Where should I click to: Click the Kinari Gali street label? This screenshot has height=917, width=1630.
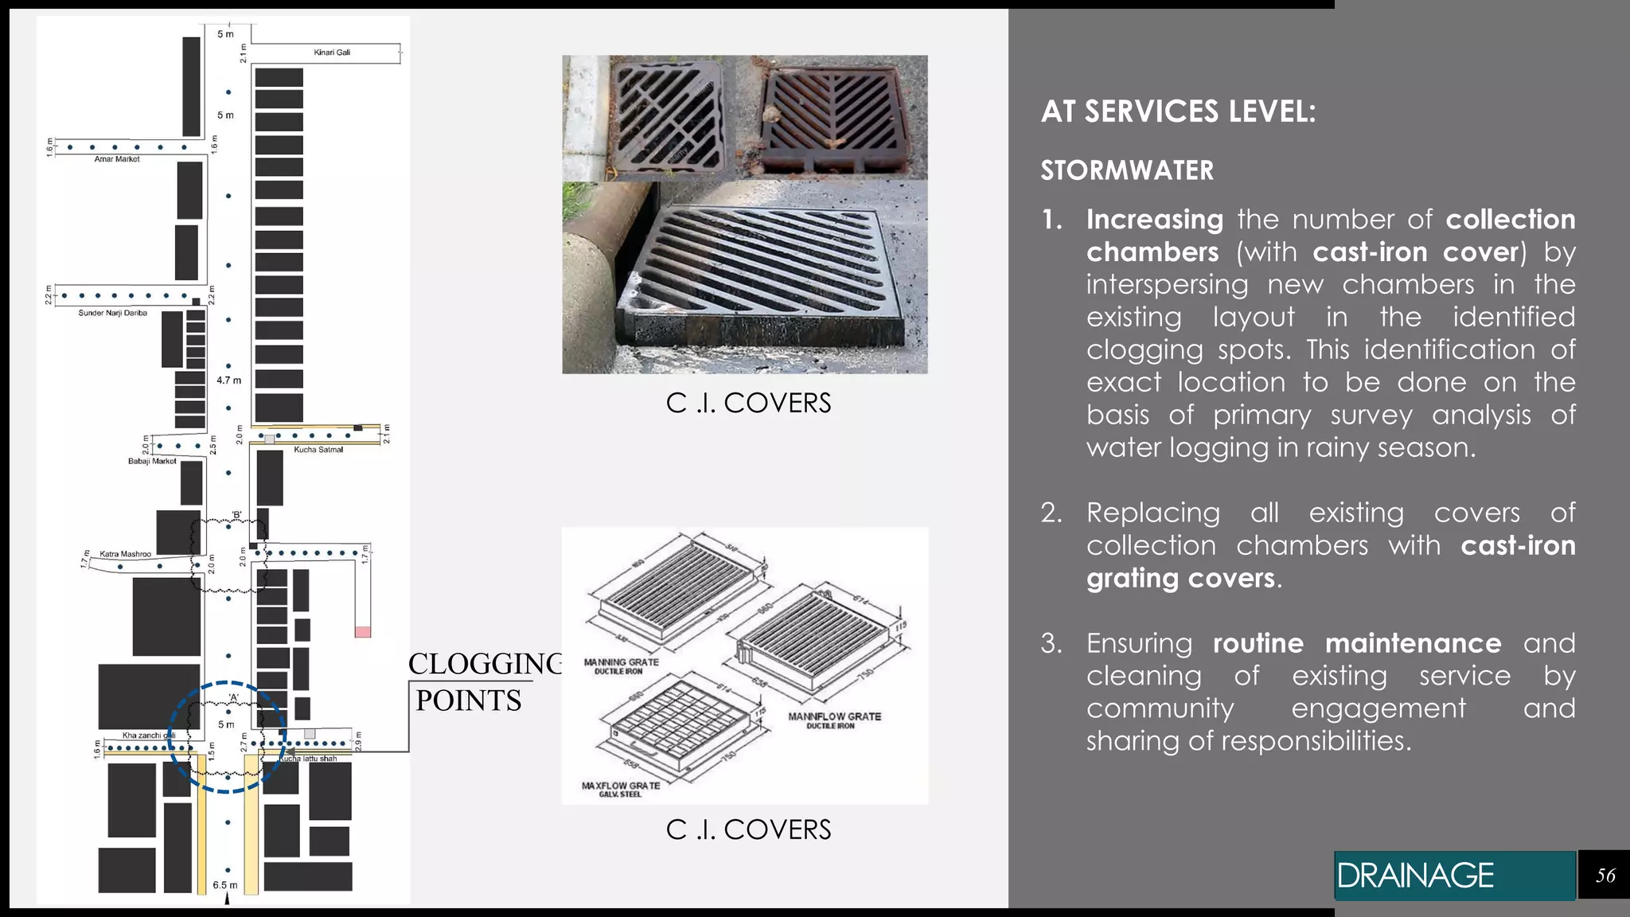point(332,53)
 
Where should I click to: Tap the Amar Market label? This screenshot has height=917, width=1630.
point(117,159)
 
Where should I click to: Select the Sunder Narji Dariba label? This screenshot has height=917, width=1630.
point(112,313)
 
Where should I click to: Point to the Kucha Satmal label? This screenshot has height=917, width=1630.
point(318,450)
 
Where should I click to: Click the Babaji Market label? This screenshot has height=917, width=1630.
point(152,461)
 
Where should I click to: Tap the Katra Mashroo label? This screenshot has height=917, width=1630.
point(125,554)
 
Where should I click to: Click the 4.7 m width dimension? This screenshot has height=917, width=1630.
point(228,380)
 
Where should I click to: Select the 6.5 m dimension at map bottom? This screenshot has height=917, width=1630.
point(224,885)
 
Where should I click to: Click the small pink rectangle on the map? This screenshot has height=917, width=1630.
point(363,632)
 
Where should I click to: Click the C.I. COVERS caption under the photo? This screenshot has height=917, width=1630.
point(748,404)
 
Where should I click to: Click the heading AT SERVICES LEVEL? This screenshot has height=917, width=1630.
point(1178,111)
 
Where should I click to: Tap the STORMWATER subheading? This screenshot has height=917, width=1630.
point(1127,170)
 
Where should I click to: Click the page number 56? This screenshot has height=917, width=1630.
point(1605,876)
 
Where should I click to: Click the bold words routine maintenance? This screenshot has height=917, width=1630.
point(1356,643)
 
